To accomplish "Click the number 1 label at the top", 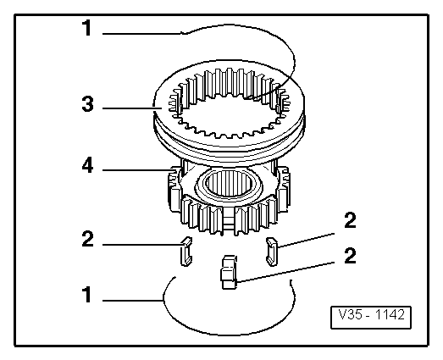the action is pyautogui.click(x=86, y=28).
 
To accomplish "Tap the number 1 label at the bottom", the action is pyautogui.click(x=86, y=295).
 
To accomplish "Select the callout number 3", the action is pyautogui.click(x=87, y=103).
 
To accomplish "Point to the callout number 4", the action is pyautogui.click(x=87, y=165).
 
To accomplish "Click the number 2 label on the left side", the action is pyautogui.click(x=87, y=239).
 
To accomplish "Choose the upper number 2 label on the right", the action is pyautogui.click(x=351, y=220).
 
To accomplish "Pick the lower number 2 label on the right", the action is pyautogui.click(x=351, y=256).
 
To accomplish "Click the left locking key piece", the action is pyautogui.click(x=186, y=252).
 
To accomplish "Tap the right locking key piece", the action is pyautogui.click(x=272, y=252).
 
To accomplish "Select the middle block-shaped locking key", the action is pyautogui.click(x=229, y=272).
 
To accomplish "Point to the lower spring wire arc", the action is pyautogui.click(x=229, y=335).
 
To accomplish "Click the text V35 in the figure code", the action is pyautogui.click(x=349, y=314).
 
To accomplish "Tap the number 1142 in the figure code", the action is pyautogui.click(x=390, y=314).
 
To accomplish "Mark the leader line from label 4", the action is pyautogui.click(x=137, y=169).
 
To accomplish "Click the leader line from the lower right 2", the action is pyautogui.click(x=285, y=272).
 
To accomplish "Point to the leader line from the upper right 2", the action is pyautogui.click(x=306, y=241).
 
